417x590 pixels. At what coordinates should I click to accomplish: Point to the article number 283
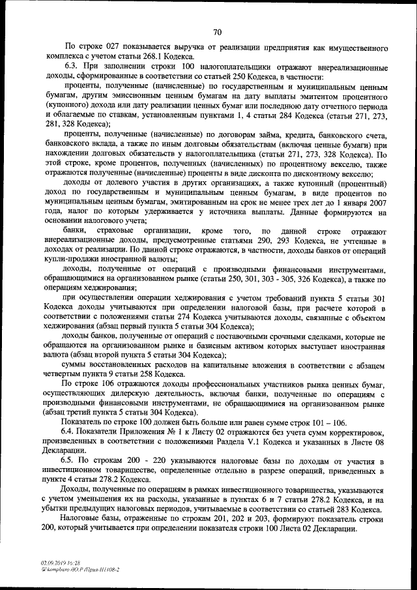[343, 509]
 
